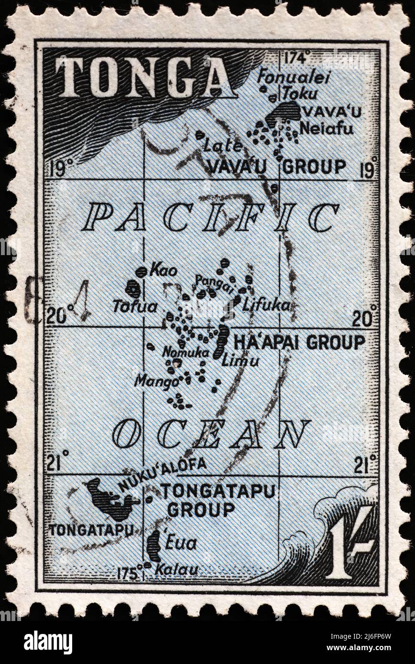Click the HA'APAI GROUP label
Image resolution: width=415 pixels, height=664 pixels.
[x=299, y=342]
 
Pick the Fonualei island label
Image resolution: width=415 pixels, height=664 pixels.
[x=294, y=77]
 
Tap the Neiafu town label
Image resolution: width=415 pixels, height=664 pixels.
[x=327, y=129]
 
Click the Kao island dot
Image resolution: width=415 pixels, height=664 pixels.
[x=141, y=272]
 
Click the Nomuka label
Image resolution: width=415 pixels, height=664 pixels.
[x=186, y=353]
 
